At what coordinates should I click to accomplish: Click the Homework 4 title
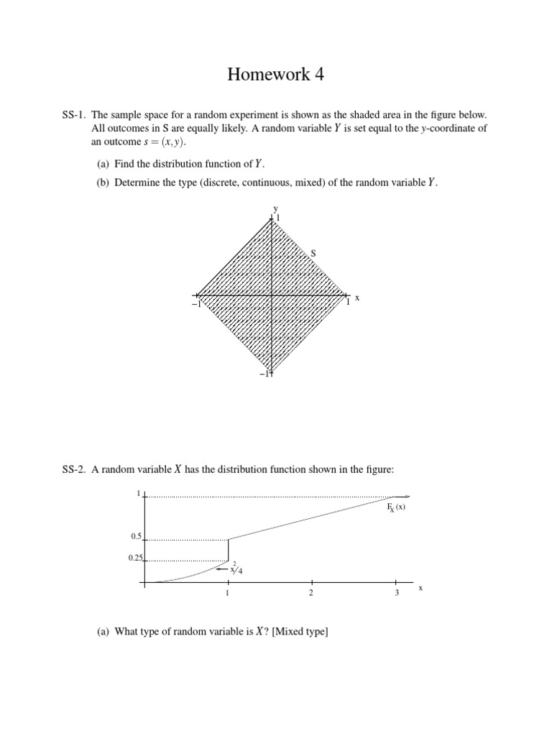(275, 74)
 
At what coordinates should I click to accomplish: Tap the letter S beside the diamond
(313, 253)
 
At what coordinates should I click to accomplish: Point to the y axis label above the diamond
(274, 208)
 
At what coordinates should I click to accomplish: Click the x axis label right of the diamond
(357, 297)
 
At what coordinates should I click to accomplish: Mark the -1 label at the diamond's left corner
(193, 304)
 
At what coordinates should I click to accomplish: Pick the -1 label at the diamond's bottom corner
(266, 373)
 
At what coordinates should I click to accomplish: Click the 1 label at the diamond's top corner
(278, 217)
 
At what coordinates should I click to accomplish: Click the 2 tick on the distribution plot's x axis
(311, 593)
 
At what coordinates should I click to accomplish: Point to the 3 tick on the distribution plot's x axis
(395, 593)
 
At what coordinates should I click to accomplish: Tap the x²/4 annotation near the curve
(235, 570)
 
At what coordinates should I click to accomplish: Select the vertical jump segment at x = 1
(228, 550)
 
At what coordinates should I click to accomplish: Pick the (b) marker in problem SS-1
(103, 182)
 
